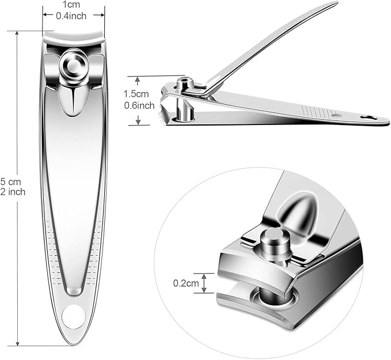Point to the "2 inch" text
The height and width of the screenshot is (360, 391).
(x=13, y=192)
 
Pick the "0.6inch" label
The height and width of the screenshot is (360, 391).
(x=139, y=105)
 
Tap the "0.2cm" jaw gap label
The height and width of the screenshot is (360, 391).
(x=185, y=283)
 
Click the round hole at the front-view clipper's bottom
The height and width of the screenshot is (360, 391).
(x=73, y=316)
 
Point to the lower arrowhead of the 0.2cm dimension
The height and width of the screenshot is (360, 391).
(x=201, y=292)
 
